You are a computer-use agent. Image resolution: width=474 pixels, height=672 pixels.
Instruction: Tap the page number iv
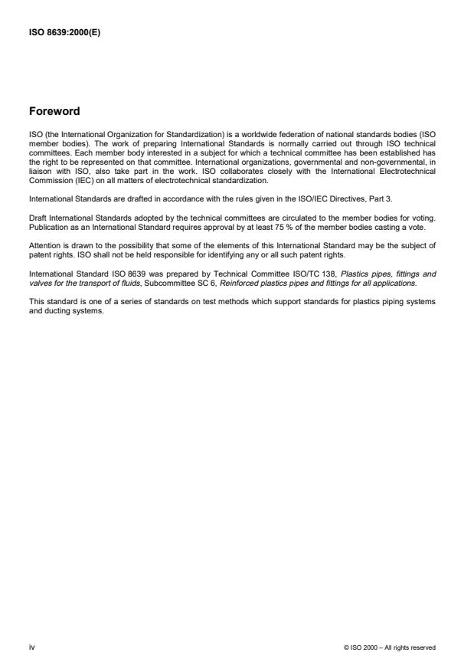point(31,647)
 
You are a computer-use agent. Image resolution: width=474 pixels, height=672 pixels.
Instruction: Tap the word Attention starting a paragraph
point(44,245)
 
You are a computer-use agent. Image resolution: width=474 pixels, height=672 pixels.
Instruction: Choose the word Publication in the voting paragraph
point(47,228)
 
